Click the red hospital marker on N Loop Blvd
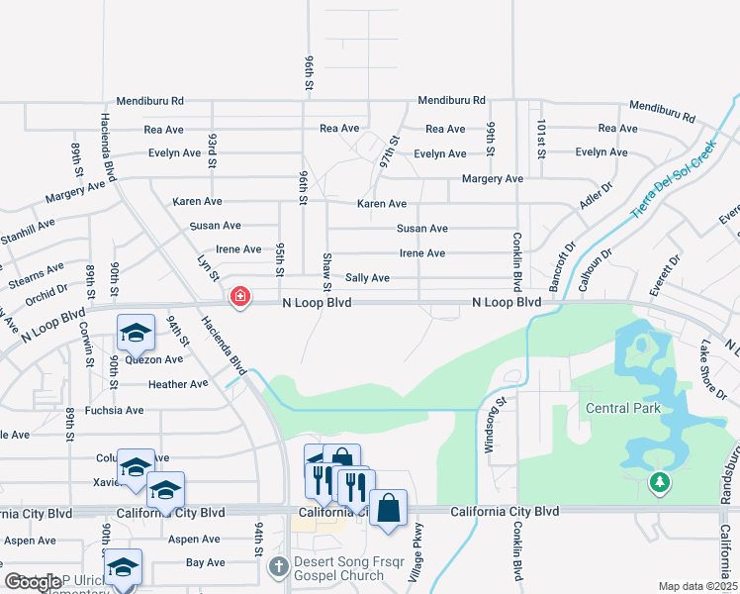pyautogui.click(x=239, y=297)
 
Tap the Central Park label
pyautogui.click(x=622, y=408)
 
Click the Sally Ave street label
pyautogui.click(x=367, y=278)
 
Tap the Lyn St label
pyautogui.click(x=206, y=265)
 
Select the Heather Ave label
pyautogui.click(x=178, y=384)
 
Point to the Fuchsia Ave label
pyautogui.click(x=115, y=410)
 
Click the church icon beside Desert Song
pyautogui.click(x=278, y=566)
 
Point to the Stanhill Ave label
pyautogui.click(x=31, y=239)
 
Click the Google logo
pyautogui.click(x=33, y=582)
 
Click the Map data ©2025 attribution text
pyautogui.click(x=697, y=586)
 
